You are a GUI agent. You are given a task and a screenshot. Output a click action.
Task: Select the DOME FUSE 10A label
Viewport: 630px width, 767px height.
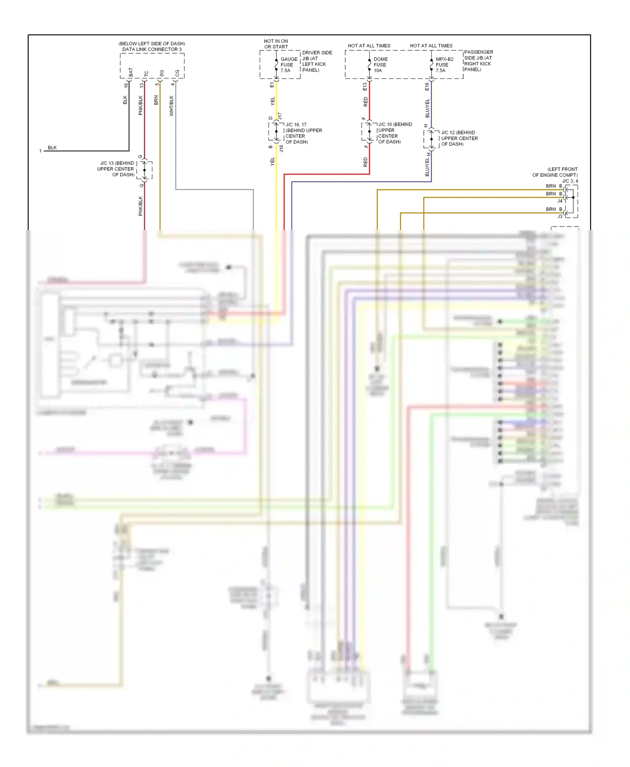pyautogui.click(x=380, y=65)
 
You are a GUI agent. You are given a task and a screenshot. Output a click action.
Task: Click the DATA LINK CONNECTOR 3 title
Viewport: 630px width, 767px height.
pyautogui.click(x=152, y=49)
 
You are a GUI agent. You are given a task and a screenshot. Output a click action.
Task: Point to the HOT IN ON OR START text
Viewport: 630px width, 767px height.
pyautogui.click(x=276, y=44)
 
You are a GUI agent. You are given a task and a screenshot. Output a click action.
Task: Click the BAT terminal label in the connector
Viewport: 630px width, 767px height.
pyautogui.click(x=131, y=72)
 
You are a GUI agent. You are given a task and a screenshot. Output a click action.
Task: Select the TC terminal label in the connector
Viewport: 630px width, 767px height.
pyautogui.click(x=146, y=73)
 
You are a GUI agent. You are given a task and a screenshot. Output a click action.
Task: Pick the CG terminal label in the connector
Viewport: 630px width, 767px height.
pyautogui.click(x=177, y=73)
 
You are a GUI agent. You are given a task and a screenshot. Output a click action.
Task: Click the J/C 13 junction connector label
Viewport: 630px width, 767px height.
pyautogui.click(x=116, y=169)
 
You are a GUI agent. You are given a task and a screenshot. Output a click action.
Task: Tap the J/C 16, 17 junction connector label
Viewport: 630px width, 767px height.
pyautogui.click(x=303, y=133)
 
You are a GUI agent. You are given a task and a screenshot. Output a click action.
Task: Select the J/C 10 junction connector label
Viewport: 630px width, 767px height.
pyautogui.click(x=394, y=133)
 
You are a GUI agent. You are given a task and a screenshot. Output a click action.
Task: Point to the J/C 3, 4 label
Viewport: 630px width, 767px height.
pyautogui.click(x=570, y=181)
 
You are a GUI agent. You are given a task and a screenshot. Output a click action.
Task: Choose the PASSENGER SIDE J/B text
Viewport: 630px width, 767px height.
pyautogui.click(x=478, y=60)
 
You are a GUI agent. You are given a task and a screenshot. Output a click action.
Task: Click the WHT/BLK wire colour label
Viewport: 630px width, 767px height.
pyautogui.click(x=171, y=106)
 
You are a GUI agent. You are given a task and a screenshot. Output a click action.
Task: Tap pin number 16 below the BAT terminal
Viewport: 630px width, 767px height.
pyautogui.click(x=126, y=85)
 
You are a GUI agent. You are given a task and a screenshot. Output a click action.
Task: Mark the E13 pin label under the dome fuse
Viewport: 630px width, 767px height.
pyautogui.click(x=365, y=86)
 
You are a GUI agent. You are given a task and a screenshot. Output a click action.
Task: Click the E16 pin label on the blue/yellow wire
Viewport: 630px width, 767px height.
pyautogui.click(x=427, y=86)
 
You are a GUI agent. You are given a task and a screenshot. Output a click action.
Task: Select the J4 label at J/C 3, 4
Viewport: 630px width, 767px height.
pyautogui.click(x=559, y=201)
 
